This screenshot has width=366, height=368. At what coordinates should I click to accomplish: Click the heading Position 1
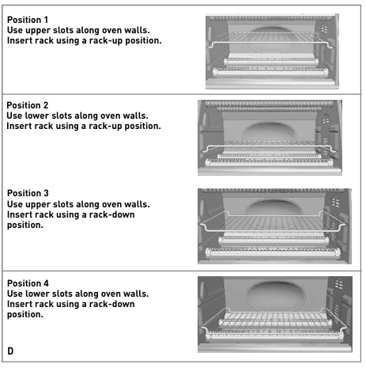(x=28, y=20)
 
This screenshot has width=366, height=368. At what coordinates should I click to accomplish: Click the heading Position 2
(x=28, y=105)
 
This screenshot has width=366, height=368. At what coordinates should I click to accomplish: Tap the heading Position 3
(x=28, y=193)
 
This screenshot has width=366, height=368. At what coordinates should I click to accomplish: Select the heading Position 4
(x=28, y=283)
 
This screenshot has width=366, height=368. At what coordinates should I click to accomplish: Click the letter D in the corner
(x=10, y=351)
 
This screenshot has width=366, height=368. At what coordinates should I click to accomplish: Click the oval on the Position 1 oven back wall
(x=271, y=39)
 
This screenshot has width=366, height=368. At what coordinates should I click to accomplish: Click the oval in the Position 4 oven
(x=276, y=295)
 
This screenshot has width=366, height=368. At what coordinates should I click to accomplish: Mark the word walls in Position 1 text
(x=137, y=30)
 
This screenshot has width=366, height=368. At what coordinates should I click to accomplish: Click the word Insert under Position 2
(x=17, y=127)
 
